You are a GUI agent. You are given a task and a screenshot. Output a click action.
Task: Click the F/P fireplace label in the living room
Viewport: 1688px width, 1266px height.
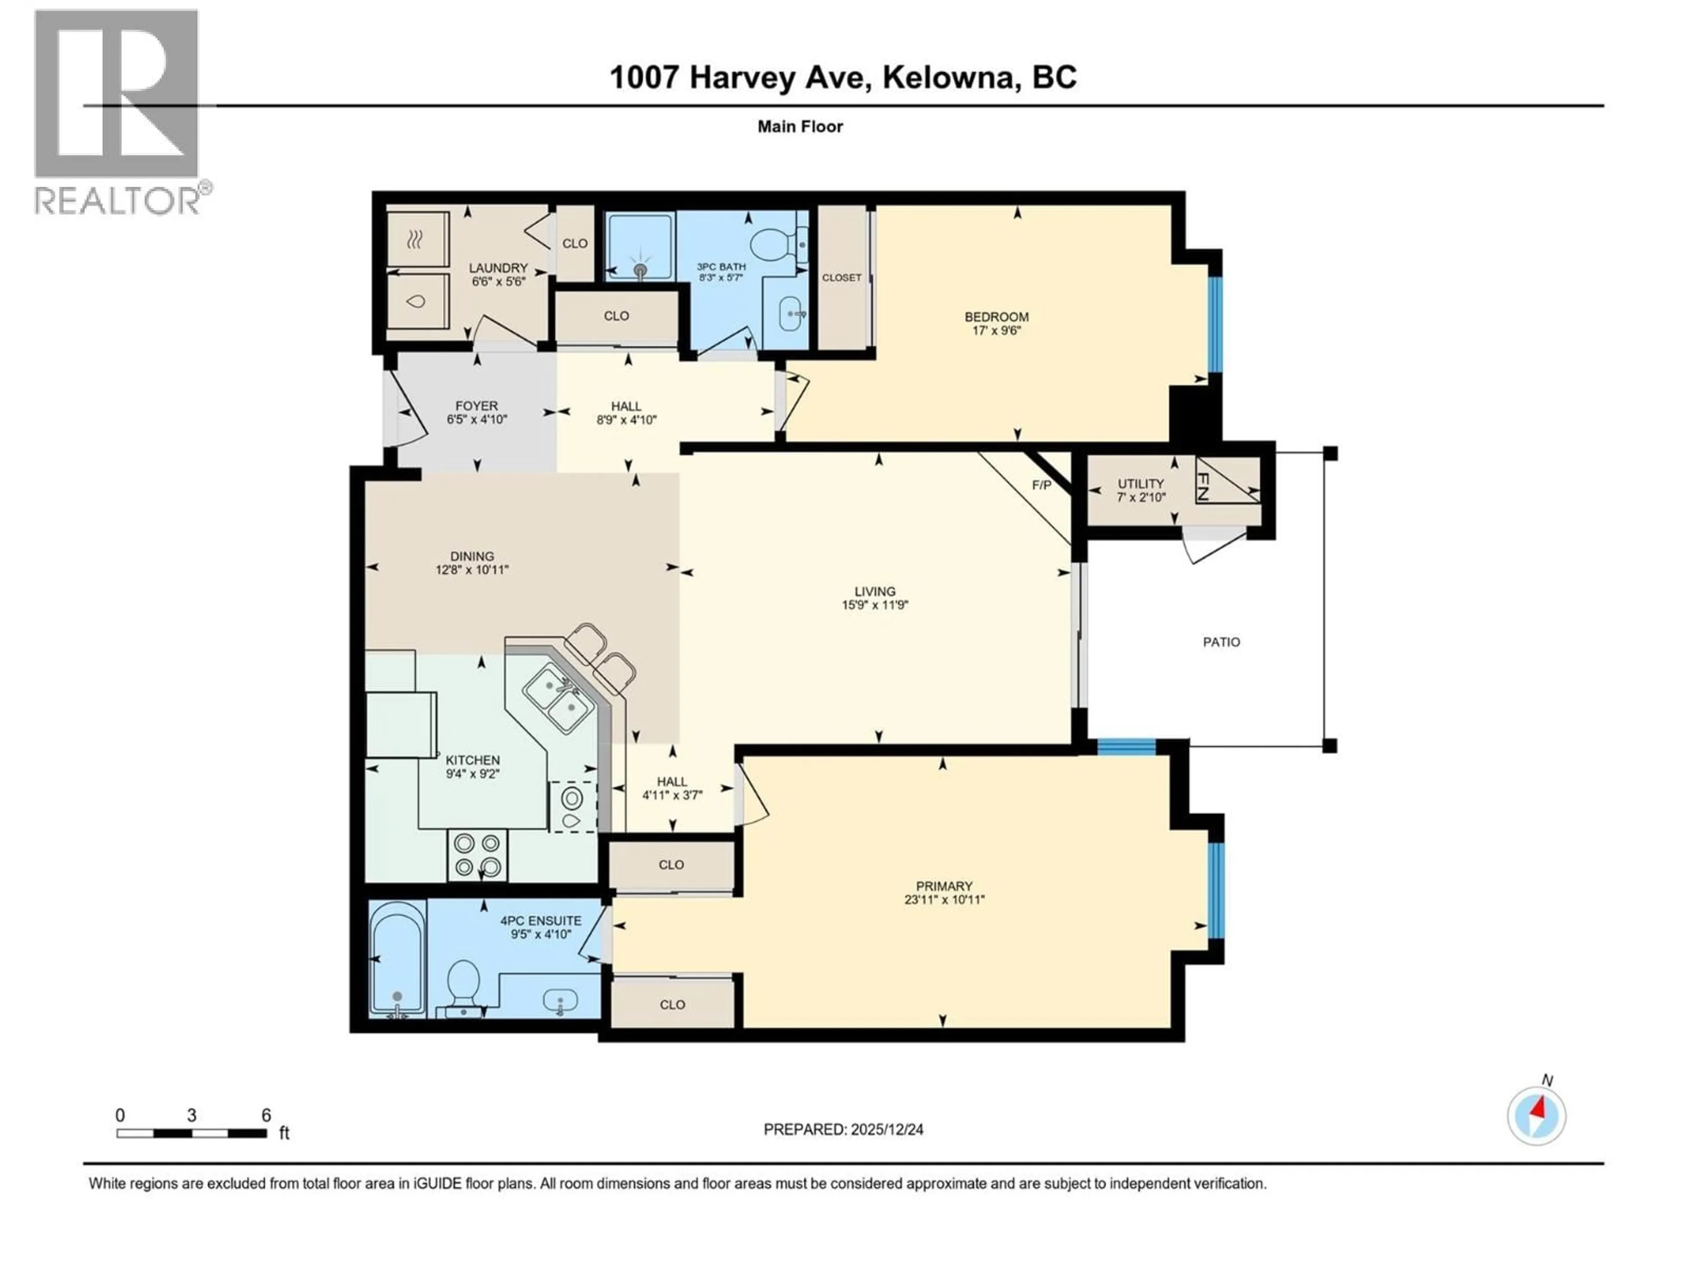(x=1041, y=485)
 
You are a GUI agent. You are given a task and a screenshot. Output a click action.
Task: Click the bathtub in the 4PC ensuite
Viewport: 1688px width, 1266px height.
(x=397, y=958)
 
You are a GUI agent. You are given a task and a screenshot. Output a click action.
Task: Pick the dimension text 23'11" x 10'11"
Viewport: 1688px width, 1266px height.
(x=944, y=900)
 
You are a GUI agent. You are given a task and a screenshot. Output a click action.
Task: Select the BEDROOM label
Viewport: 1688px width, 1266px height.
(x=996, y=316)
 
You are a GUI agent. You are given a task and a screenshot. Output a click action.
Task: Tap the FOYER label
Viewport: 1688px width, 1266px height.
(x=476, y=406)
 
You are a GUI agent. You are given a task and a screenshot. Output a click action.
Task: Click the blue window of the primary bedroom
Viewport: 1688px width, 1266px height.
(x=1215, y=890)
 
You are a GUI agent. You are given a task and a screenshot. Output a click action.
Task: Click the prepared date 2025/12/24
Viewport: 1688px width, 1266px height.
(x=843, y=1129)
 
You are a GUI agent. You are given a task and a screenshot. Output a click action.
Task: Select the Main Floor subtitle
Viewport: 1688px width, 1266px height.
(x=800, y=127)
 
